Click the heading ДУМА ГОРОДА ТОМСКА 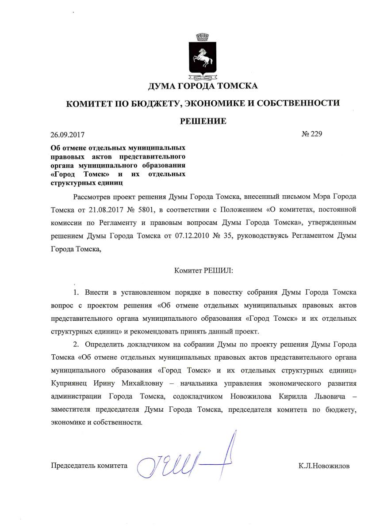[x=203, y=86]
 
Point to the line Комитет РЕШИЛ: [x=203, y=268]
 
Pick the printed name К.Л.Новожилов [x=324, y=465]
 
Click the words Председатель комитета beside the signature [x=89, y=465]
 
